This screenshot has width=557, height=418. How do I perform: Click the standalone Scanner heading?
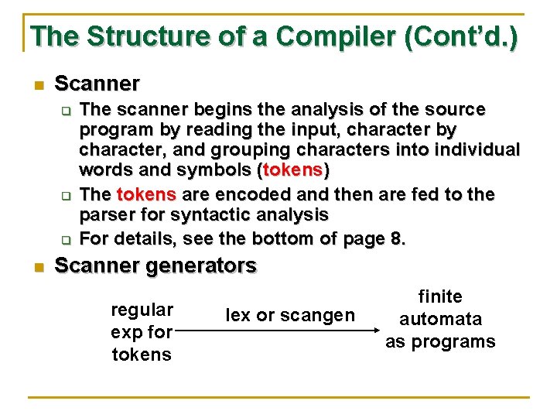(x=97, y=84)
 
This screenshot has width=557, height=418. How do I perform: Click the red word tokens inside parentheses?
(x=293, y=170)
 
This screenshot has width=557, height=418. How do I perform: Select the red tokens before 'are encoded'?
(x=146, y=194)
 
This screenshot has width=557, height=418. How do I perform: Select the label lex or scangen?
(x=289, y=315)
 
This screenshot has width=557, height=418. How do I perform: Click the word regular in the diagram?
(x=142, y=310)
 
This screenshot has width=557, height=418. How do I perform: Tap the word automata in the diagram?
(x=440, y=319)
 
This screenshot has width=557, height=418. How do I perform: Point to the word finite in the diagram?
(x=440, y=297)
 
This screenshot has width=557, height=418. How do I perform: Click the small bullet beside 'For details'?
(x=67, y=238)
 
